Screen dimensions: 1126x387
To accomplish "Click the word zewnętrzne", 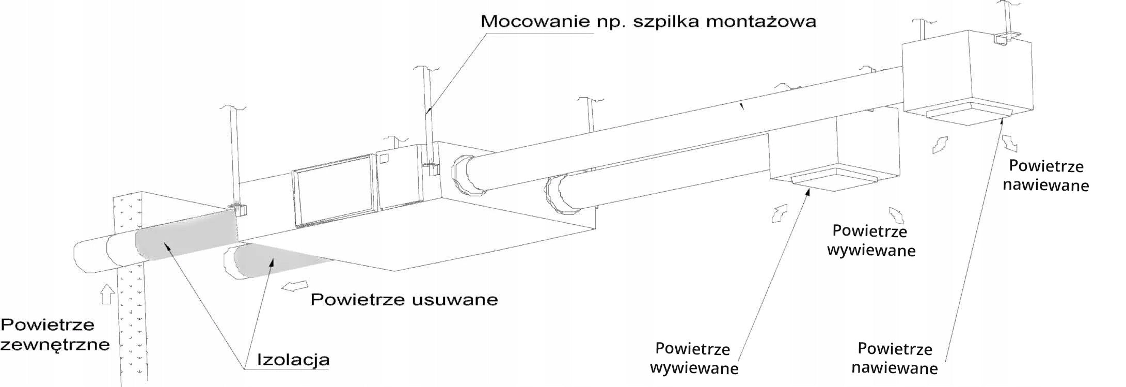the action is [55, 345].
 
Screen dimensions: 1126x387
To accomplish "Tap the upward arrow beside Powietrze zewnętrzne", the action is [107, 294].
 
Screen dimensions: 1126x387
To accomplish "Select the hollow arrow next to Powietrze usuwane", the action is [295, 286].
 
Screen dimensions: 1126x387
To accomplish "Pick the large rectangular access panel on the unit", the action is [334, 191].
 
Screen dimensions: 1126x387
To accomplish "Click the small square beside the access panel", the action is [384, 157].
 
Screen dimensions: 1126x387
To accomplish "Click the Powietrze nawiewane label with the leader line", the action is [895, 359].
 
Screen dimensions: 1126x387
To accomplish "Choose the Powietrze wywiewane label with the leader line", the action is [694, 359].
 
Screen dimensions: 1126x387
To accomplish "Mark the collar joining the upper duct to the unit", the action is [467, 176].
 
